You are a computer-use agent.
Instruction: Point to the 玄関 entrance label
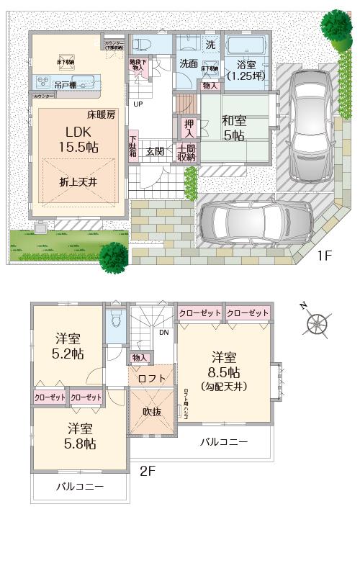[155, 151]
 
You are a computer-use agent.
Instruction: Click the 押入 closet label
[187, 128]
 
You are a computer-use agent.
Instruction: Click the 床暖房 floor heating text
[102, 114]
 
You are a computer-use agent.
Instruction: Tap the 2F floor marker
[148, 471]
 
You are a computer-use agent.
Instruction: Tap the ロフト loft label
[152, 379]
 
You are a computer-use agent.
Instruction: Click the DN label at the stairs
[164, 333]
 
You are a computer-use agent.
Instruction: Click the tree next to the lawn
[114, 253]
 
